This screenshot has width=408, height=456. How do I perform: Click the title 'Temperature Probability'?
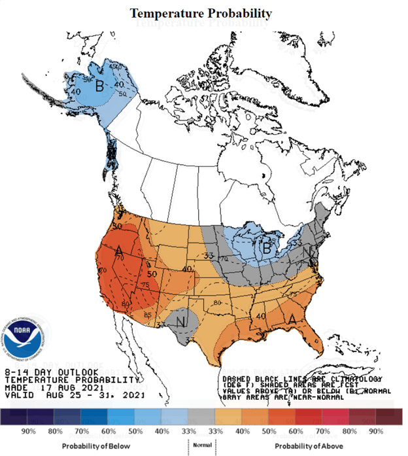pos(201,13)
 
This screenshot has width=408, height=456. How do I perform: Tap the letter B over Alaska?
pos(100,86)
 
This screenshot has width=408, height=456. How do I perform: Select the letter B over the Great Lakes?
pos(267,248)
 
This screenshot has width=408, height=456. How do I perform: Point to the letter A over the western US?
pos(119,252)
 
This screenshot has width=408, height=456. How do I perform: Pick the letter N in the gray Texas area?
pos(178,321)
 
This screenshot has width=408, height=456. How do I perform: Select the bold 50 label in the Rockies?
pos(152,274)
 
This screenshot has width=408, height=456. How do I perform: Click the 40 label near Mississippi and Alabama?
pos(259,317)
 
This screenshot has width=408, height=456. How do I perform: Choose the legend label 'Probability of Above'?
pos(297,446)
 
